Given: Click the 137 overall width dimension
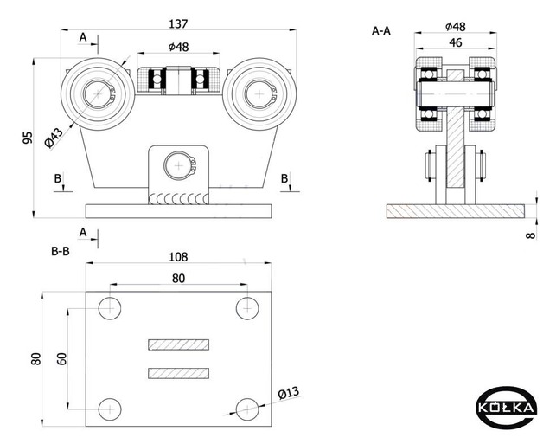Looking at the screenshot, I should tap(180, 23).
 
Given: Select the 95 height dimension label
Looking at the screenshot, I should tap(28, 138).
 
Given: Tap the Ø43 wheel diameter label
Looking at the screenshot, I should tap(54, 136).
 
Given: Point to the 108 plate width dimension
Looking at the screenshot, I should tap(177, 257).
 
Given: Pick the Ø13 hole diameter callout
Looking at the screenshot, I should tap(288, 393).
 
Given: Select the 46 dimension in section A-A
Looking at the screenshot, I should tap(455, 42).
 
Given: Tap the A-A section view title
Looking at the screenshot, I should tap(381, 31).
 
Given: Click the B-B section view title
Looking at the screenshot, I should tap(60, 252).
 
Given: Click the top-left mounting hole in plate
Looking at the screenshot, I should tap(110, 307).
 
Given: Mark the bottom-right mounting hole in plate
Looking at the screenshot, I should tap(247, 409).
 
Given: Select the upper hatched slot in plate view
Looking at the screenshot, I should tap(178, 344).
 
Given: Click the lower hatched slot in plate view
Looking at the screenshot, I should tap(178, 374).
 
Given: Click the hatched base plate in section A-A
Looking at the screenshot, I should tap(456, 211).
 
